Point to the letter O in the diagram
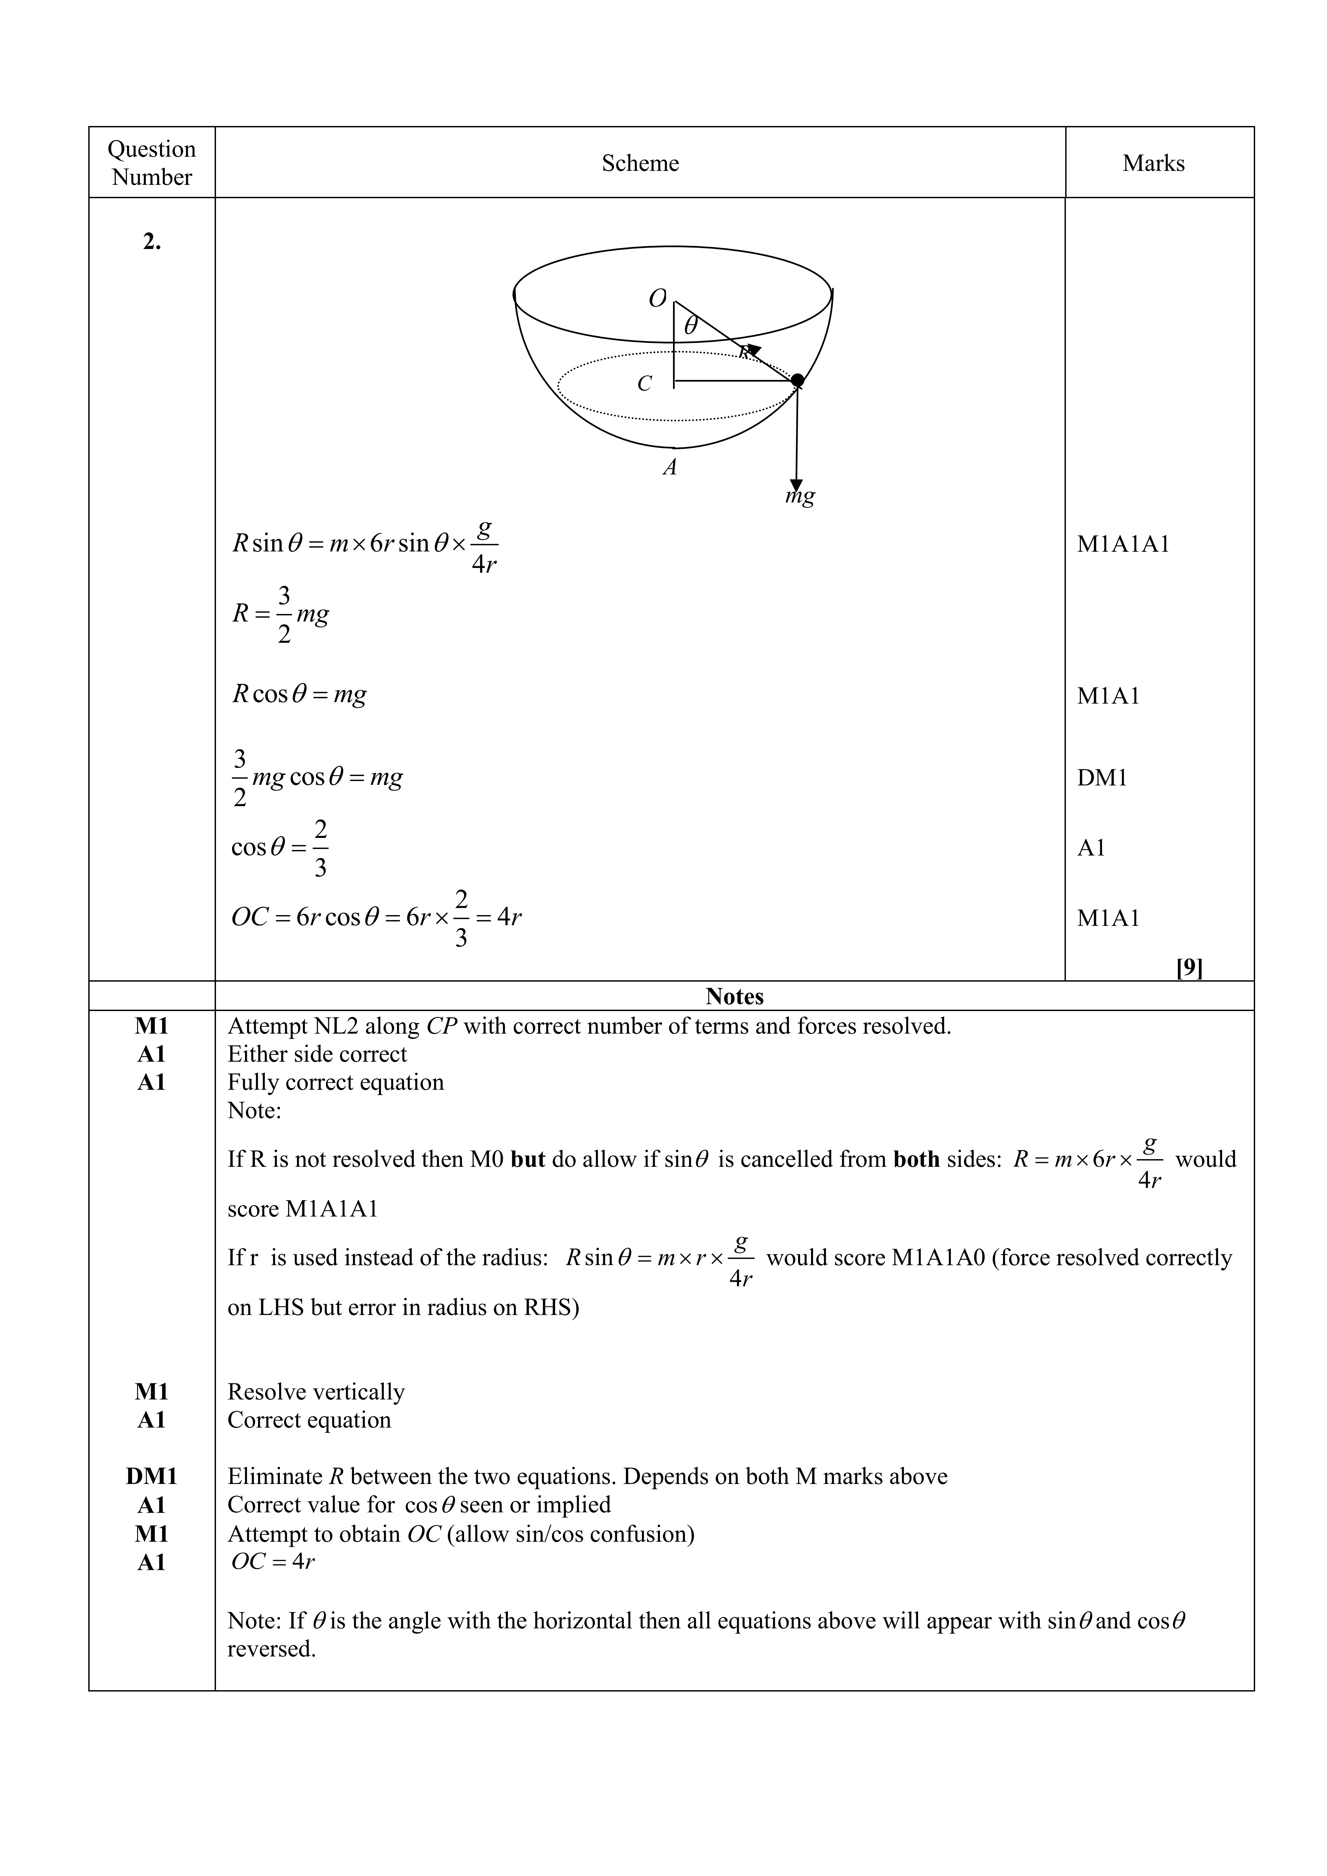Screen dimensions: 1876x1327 click(x=657, y=299)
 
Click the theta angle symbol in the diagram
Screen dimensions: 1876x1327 click(x=690, y=326)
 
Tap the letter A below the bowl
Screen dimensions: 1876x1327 click(x=670, y=467)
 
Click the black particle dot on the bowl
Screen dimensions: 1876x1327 click(x=797, y=380)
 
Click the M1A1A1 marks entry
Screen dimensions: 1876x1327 click(x=1123, y=544)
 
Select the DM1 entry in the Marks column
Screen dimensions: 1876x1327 click(x=1101, y=778)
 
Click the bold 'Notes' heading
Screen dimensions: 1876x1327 click(x=734, y=996)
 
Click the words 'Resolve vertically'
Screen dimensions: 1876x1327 click(x=315, y=1391)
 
